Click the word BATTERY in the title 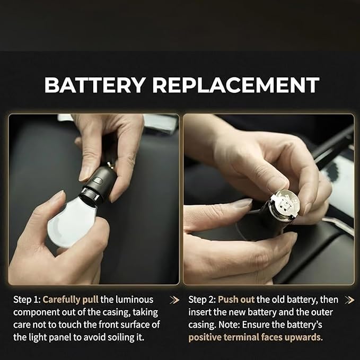(95, 85)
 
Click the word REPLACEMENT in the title (236, 85)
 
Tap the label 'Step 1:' (27, 300)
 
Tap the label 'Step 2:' (202, 300)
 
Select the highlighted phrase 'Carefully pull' (71, 300)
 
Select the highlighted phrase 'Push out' (236, 300)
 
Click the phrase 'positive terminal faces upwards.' (256, 338)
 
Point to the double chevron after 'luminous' (174, 300)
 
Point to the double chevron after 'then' (349, 300)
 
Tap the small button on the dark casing (98, 180)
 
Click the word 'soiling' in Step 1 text (120, 338)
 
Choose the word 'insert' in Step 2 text (199, 312)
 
